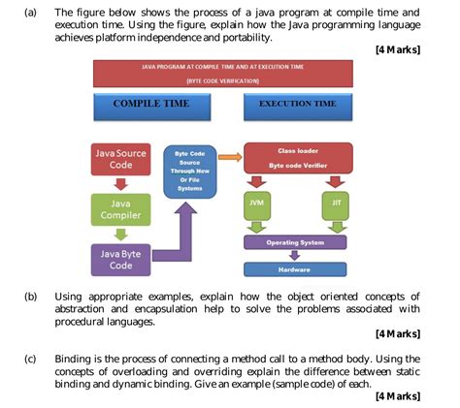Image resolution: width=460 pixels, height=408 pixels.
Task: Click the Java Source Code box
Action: coord(121,159)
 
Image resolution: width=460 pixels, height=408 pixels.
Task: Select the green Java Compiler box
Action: coord(121,210)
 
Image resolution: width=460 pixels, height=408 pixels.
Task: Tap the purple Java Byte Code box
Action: coord(121,259)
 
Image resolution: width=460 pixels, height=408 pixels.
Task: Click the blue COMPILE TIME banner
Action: coord(149,104)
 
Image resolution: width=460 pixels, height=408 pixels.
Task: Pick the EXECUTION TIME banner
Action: coord(298,104)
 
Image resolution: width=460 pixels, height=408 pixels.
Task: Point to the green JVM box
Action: coord(255,204)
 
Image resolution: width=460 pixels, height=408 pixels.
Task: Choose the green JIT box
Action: coord(335,204)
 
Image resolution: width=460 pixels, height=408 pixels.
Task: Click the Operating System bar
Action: coord(295,242)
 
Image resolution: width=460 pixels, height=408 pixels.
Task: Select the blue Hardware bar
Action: coord(295,268)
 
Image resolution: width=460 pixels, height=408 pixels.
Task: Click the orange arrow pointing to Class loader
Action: coord(229,154)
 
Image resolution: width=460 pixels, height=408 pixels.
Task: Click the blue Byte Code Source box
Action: coord(189,171)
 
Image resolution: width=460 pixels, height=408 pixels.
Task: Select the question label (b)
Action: coord(33,297)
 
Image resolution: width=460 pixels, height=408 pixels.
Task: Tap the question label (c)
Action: coord(33,358)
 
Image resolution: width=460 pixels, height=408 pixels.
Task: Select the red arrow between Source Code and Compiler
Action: coord(121,184)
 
